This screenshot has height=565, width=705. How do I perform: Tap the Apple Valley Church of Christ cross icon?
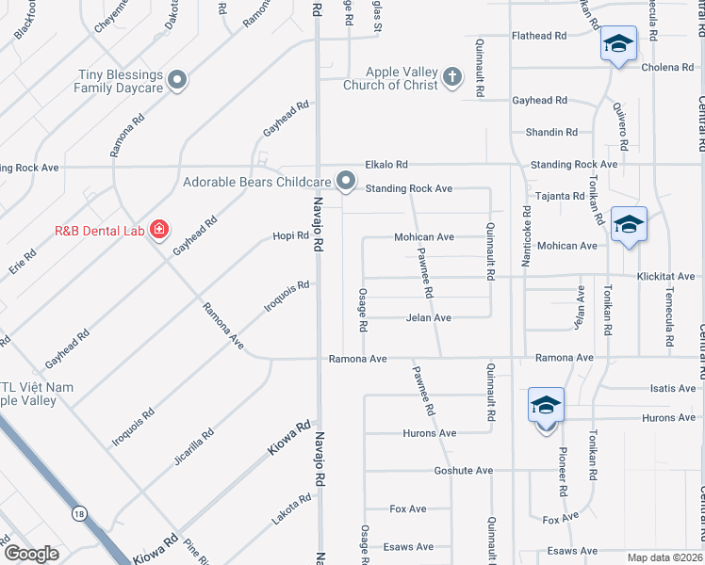pos(452,77)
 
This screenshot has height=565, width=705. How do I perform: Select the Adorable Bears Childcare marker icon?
pos(346,181)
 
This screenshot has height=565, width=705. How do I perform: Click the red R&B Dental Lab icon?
pos(159,230)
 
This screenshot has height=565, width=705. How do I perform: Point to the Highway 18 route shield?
pos(77,513)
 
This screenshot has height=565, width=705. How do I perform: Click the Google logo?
pos(31,555)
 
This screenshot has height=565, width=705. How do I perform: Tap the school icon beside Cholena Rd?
pos(618,44)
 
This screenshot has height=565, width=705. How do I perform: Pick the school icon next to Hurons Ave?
pos(546,406)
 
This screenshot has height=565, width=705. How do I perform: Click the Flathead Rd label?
pos(538,36)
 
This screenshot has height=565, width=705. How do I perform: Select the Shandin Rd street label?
pos(551,133)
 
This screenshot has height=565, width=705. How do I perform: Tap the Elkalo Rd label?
pos(387,164)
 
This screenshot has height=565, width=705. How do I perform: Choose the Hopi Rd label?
pos(290,236)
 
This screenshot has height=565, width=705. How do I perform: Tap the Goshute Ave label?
pos(464,470)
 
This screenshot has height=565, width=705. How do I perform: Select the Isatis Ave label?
pos(673,388)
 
